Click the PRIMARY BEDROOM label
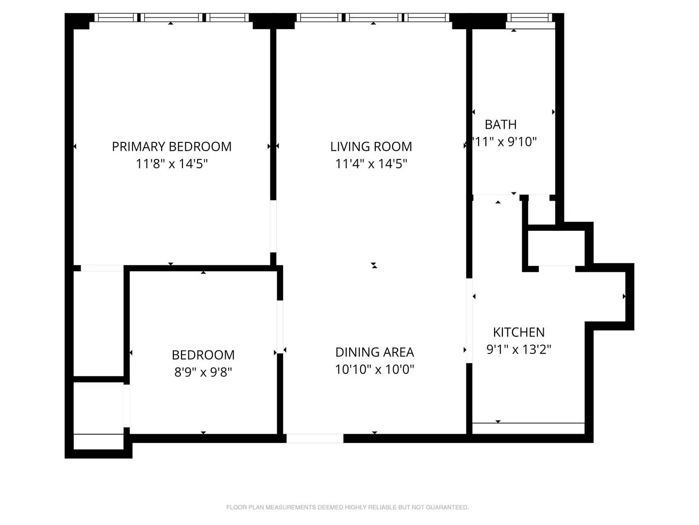click(x=171, y=146)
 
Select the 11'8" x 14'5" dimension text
click(x=171, y=164)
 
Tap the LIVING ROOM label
click(x=371, y=146)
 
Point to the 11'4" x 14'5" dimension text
click(x=371, y=164)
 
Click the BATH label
click(x=500, y=124)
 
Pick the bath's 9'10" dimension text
click(x=505, y=142)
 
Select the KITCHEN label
click(x=518, y=332)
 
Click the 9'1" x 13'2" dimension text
click(x=518, y=350)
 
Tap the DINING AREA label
click(x=374, y=352)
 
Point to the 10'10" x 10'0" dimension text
click(x=374, y=369)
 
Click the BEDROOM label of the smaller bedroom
click(x=203, y=355)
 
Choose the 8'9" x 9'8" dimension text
click(x=203, y=372)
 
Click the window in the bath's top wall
click(x=530, y=18)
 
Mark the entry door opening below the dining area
click(x=315, y=438)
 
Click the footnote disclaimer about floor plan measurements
click(x=347, y=507)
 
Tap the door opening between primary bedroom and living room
click(x=273, y=227)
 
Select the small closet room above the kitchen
click(x=556, y=248)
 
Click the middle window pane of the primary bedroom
click(x=171, y=18)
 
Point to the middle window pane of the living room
click(x=374, y=18)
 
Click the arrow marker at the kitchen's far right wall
click(x=624, y=297)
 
